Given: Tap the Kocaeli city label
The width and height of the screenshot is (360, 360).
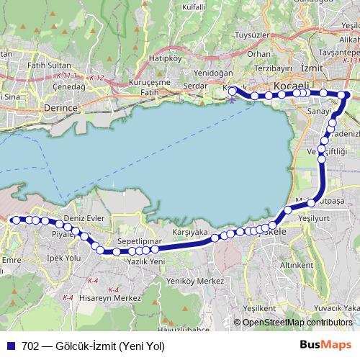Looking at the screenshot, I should pos(287,85).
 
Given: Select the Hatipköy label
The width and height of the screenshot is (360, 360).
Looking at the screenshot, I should pos(163,58).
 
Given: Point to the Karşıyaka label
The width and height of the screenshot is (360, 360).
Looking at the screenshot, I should pos(190,233).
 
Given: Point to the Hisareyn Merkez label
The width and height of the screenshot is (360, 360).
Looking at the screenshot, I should pos(109,297).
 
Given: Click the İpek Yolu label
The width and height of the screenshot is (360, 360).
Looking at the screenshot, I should pos(62,257).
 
